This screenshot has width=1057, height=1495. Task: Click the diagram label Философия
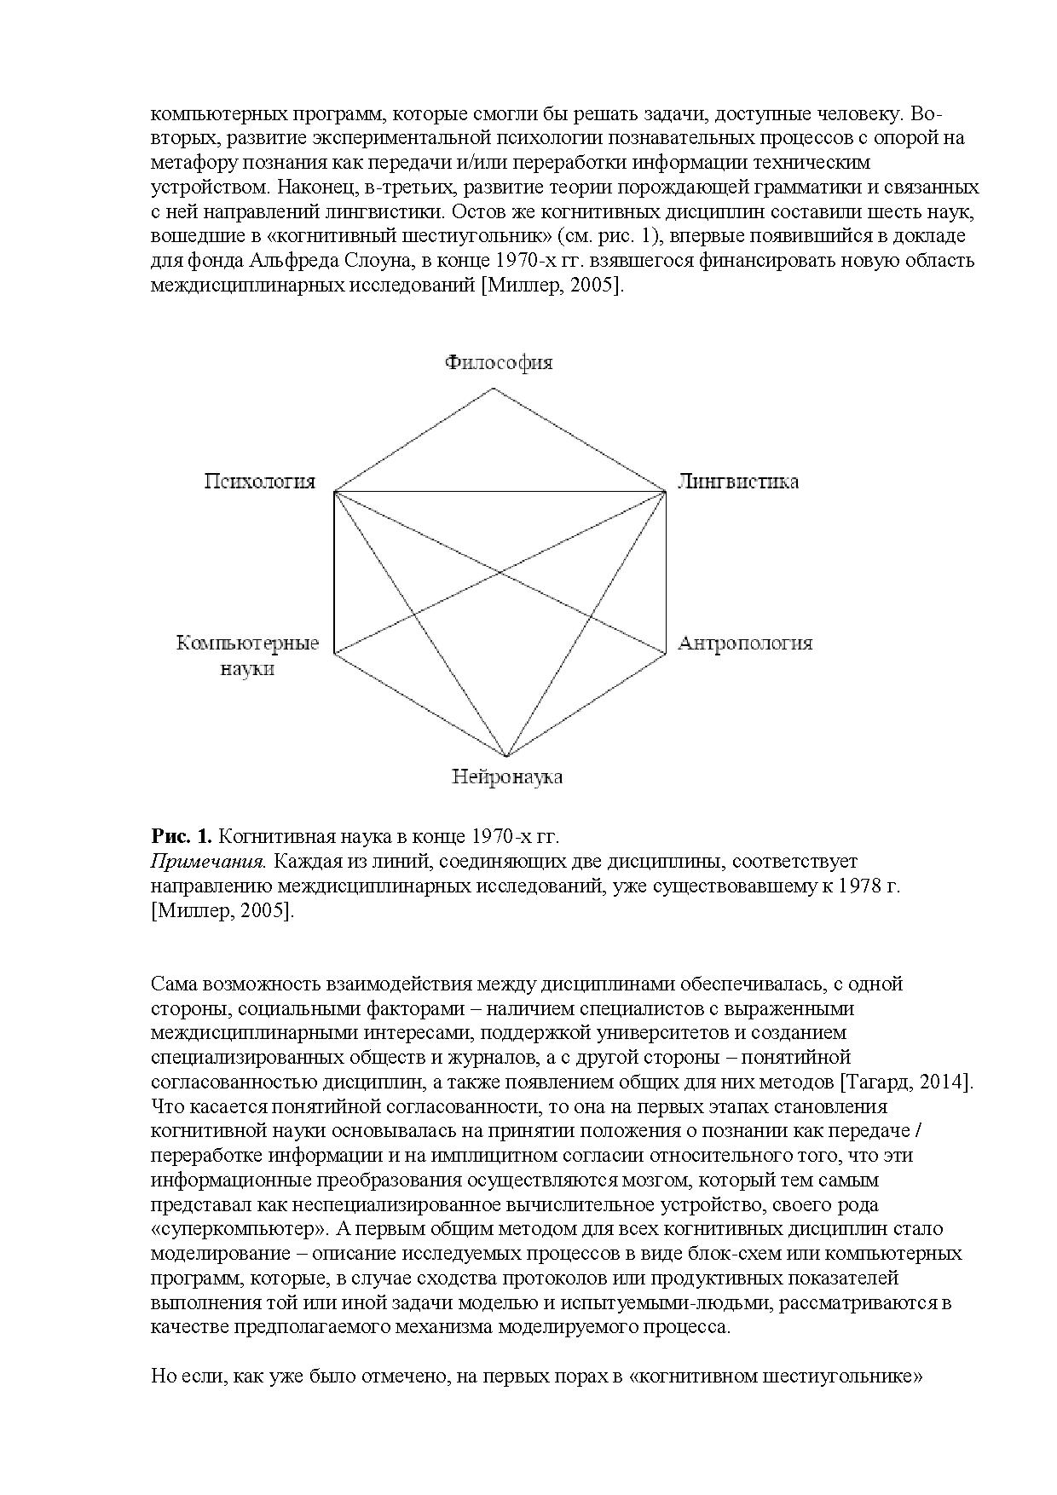[499, 363]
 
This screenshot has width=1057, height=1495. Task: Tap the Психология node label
[259, 482]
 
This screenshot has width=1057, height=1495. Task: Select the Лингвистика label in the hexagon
[738, 482]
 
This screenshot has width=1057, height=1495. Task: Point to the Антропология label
[745, 644]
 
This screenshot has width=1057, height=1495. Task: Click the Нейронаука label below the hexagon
[507, 777]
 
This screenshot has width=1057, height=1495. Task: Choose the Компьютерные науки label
[247, 655]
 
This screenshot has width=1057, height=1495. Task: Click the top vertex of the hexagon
[494, 389]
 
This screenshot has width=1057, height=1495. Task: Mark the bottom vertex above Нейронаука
[506, 757]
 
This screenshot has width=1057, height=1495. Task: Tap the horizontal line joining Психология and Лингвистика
[499, 492]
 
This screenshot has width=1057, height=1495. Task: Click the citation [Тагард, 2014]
[906, 1082]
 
